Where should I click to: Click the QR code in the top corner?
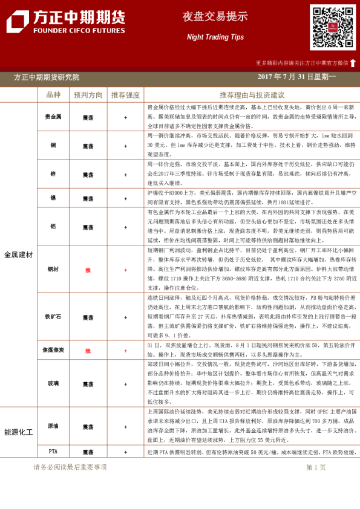(333, 27)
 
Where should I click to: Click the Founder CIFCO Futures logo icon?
(17, 22)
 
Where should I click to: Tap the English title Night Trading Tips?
(215, 37)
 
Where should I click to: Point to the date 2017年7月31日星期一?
(296, 77)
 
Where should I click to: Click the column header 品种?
(53, 95)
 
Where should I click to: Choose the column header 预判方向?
(88, 95)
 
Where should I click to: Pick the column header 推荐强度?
(125, 95)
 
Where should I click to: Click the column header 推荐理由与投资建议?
(252, 95)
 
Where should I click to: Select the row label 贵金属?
(53, 116)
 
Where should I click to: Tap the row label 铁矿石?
(53, 316)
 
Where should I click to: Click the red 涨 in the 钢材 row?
(88, 270)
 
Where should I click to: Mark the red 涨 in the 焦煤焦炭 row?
(88, 350)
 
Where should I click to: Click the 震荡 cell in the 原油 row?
(88, 426)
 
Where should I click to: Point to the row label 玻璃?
(53, 384)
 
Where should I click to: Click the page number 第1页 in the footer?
(316, 467)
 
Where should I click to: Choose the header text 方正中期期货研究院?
(47, 77)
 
